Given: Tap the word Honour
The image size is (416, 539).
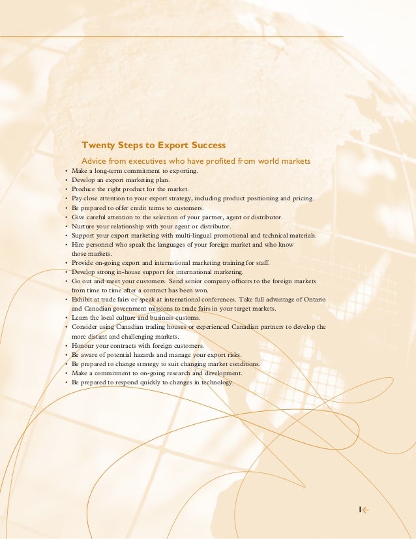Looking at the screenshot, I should point(84,345).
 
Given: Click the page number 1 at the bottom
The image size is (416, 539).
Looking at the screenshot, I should point(359,510).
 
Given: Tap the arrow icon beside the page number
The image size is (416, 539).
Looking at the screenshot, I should point(367,510).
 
